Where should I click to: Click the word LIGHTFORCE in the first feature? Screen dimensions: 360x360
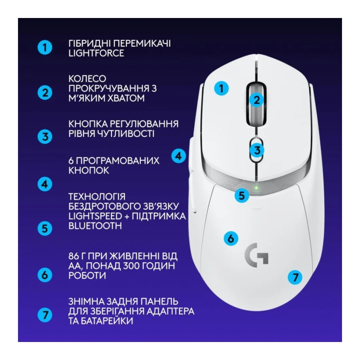tap(96, 53)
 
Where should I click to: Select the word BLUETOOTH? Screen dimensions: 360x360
tap(96, 226)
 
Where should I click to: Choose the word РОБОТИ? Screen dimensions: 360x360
tap(87, 276)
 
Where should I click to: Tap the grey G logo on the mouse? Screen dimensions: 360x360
tap(256, 254)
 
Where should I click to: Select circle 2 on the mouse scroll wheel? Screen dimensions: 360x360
tap(257, 100)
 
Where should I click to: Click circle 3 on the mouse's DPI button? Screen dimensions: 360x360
tap(257, 150)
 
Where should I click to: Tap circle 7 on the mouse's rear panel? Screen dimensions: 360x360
tap(295, 277)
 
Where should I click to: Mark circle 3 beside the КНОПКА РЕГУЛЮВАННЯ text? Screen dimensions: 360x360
tap(45, 136)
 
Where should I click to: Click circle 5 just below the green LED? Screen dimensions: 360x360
tap(242, 195)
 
